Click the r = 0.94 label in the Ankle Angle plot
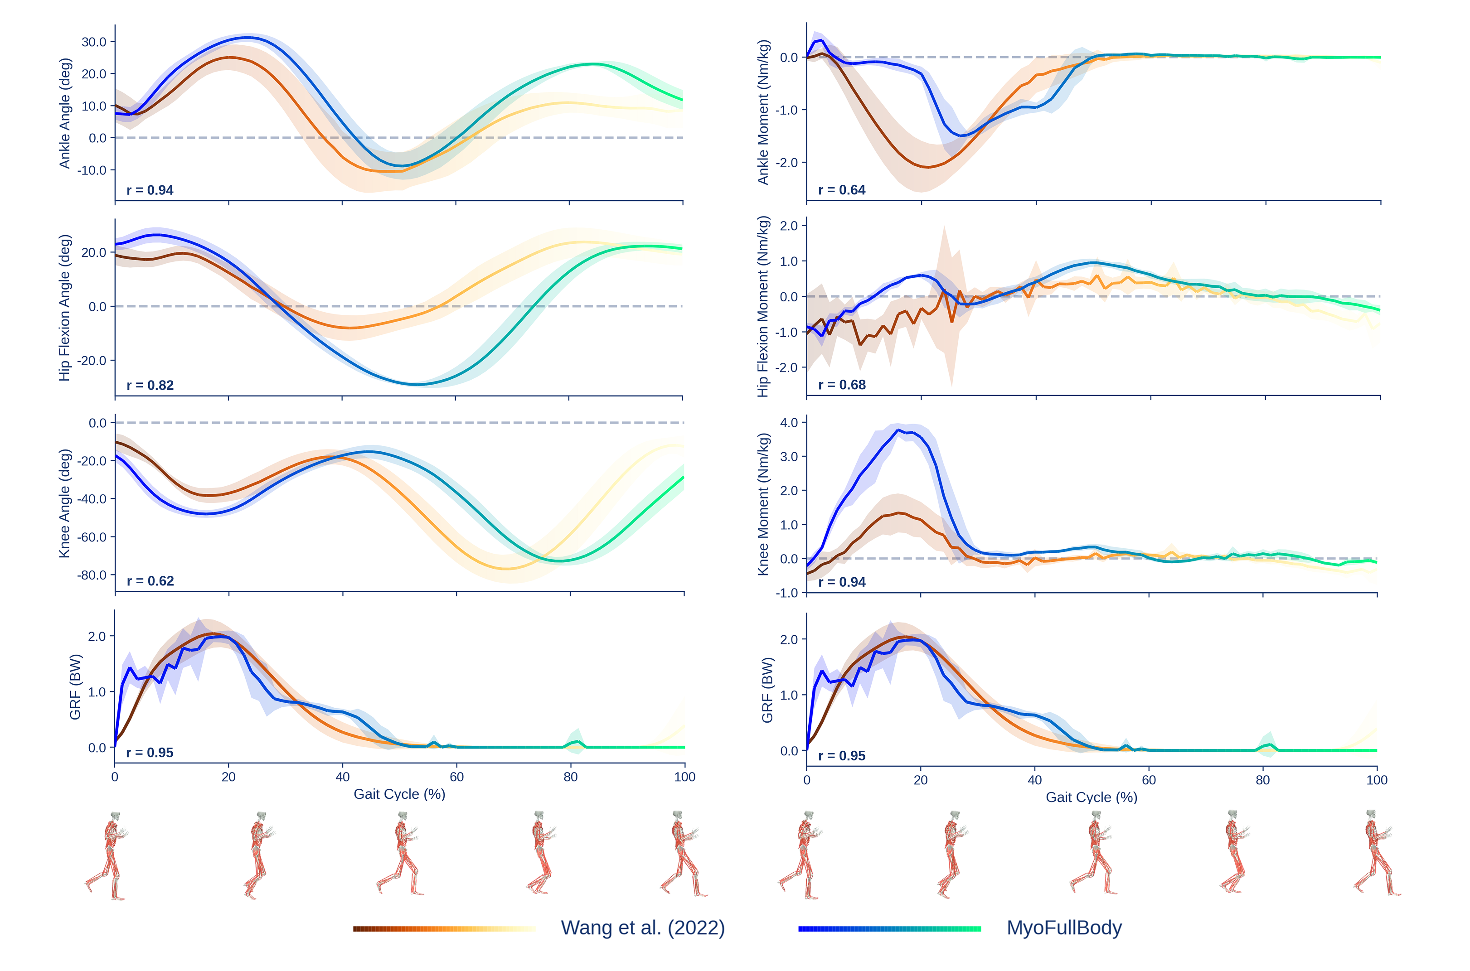[x=150, y=190]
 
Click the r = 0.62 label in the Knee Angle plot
[x=150, y=581]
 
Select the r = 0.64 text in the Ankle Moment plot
[x=841, y=190]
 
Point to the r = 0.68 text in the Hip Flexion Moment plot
[x=841, y=385]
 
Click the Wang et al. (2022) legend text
[x=642, y=928]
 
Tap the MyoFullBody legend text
[x=1063, y=928]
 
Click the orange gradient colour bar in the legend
[x=444, y=929]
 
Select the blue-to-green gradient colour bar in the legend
[x=889, y=929]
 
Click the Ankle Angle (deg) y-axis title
[x=64, y=113]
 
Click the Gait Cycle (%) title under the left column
[x=399, y=794]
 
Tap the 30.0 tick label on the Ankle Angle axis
[x=94, y=42]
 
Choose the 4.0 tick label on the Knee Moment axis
[x=789, y=423]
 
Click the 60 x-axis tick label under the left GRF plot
[x=456, y=777]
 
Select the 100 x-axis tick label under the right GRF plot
[x=1377, y=780]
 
